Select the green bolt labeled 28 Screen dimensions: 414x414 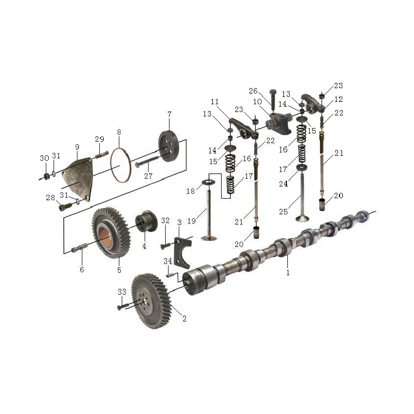point(65,207)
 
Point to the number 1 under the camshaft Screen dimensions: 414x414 point(288,272)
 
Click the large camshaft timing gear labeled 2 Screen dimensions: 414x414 point(151,301)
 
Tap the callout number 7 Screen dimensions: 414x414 point(169,114)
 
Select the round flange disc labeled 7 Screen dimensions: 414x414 point(169,146)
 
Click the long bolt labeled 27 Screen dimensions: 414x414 point(147,161)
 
